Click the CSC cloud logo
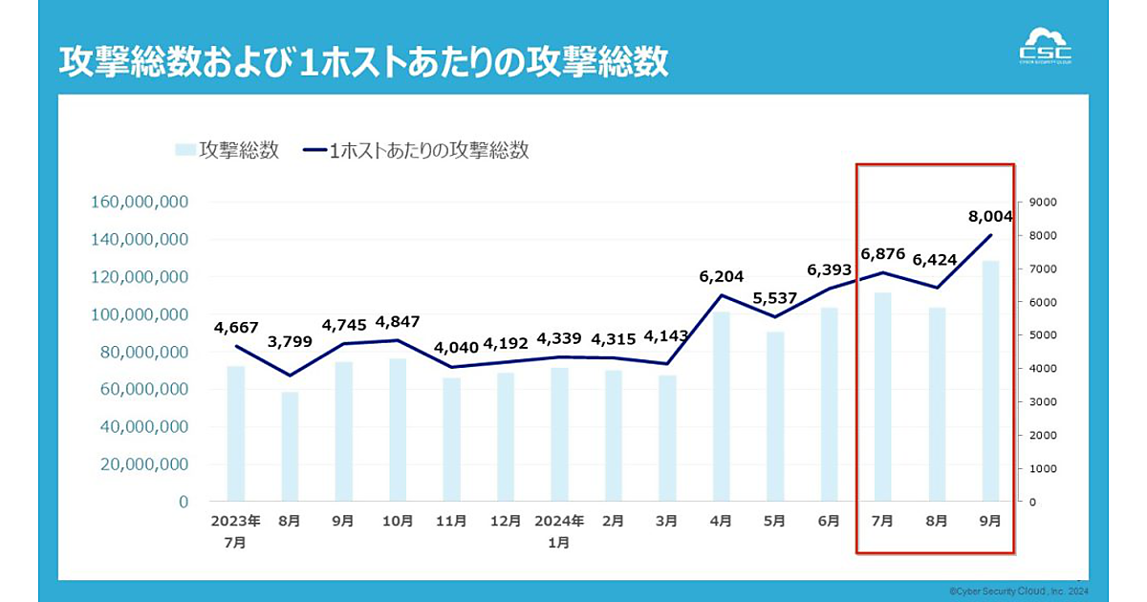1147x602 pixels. coord(1045,45)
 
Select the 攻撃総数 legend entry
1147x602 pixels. coord(227,150)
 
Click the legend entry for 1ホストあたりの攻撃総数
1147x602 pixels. coord(416,150)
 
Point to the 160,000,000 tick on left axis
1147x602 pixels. coord(140,203)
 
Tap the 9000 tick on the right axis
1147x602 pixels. coord(1044,203)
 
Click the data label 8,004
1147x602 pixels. coord(990,217)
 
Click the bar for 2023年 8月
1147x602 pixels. coord(290,446)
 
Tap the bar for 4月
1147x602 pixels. coord(722,406)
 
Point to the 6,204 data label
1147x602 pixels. coord(721,277)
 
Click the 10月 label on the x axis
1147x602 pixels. coord(398,522)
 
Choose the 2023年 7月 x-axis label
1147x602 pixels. coord(235,531)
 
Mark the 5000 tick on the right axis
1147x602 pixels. coord(1044,335)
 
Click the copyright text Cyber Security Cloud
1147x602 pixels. coord(1014,591)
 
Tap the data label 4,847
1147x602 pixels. coord(398,322)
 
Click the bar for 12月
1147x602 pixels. coord(506,437)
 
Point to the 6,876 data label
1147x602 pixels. coord(883,254)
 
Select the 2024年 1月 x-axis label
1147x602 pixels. coord(559,531)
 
